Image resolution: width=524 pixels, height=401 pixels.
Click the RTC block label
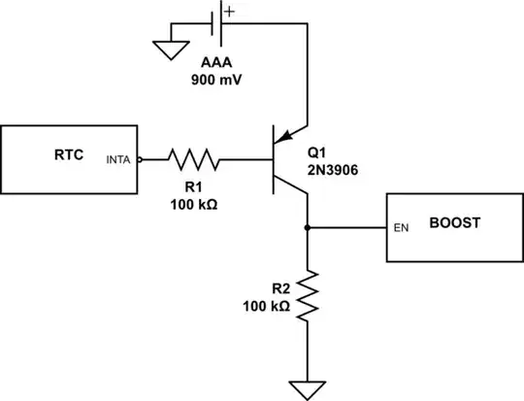click(69, 153)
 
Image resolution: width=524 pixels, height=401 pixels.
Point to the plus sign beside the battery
click(229, 11)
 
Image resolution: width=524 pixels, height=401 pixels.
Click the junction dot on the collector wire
click(308, 228)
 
